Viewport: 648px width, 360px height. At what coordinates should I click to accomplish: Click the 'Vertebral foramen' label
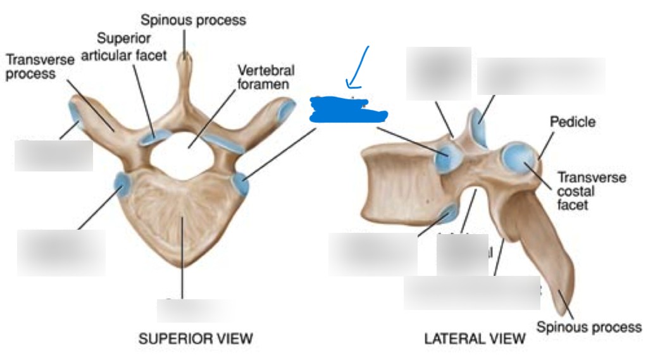tap(265, 76)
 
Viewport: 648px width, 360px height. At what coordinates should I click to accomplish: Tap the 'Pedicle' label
tap(572, 121)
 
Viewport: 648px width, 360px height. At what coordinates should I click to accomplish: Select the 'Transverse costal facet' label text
tap(591, 190)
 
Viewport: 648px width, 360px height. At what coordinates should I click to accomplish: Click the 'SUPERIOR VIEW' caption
tap(195, 338)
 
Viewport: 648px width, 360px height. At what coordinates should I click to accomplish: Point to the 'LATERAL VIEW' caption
tap(475, 338)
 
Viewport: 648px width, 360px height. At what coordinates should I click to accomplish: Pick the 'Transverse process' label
tap(39, 66)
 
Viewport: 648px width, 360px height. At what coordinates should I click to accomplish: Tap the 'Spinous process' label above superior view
tap(193, 20)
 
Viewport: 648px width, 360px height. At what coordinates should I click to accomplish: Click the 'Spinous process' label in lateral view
tap(589, 327)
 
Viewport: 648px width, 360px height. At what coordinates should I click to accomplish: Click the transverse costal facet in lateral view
tap(519, 159)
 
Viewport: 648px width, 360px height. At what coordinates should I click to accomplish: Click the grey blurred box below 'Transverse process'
tap(54, 156)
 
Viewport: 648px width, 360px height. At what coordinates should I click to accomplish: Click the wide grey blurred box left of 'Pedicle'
tap(541, 76)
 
